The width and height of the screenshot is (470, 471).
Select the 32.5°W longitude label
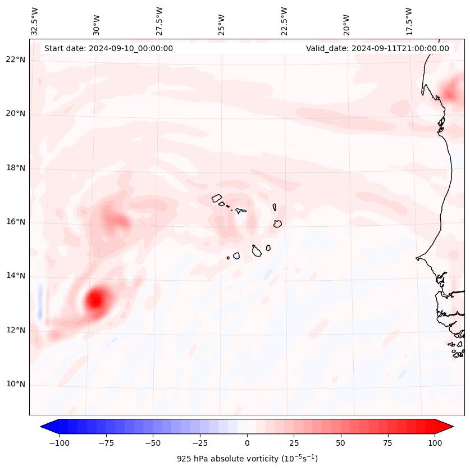point(35,21)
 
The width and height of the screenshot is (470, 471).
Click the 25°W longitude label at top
point(222,21)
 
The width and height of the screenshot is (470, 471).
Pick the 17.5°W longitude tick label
point(409,21)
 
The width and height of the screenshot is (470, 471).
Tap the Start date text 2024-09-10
point(108,48)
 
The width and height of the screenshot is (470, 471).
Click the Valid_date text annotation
point(377,48)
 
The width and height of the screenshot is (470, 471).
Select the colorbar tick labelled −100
point(59,442)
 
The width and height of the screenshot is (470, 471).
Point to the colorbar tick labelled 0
point(247,442)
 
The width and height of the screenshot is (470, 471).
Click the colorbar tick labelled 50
point(340,442)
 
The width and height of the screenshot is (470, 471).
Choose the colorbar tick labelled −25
point(199,442)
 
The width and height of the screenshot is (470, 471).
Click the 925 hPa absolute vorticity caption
point(247,459)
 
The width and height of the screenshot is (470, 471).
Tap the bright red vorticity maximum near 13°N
point(95,300)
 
